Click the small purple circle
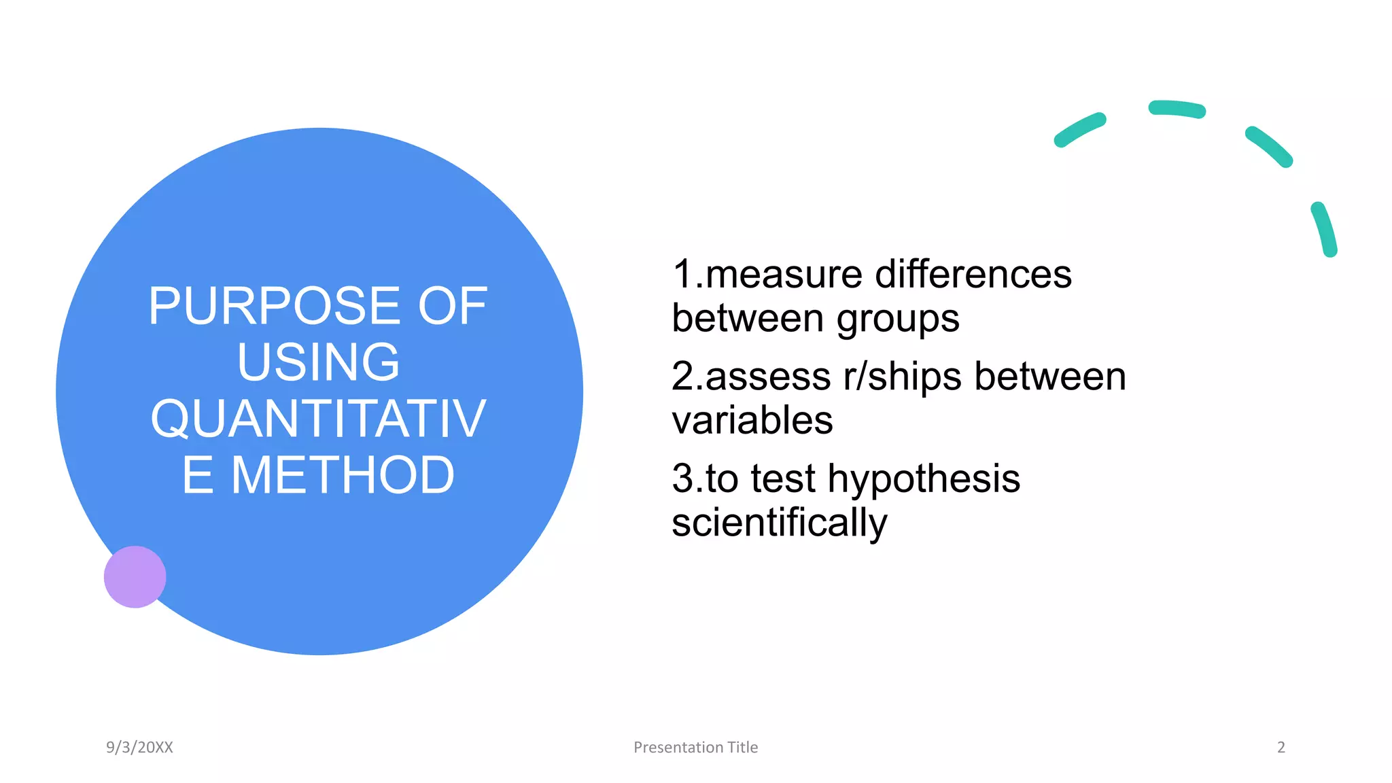pyautogui.click(x=135, y=576)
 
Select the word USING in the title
pyautogui.click(x=318, y=362)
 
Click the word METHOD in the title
pyautogui.click(x=343, y=475)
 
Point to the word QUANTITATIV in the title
pyautogui.click(x=318, y=419)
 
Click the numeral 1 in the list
pyautogui.click(x=682, y=275)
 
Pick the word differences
pyautogui.click(x=973, y=275)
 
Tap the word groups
pyautogui.click(x=898, y=319)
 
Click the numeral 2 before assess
pyautogui.click(x=682, y=377)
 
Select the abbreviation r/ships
pyautogui.click(x=903, y=377)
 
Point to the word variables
pyautogui.click(x=752, y=420)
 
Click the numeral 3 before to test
pyautogui.click(x=682, y=478)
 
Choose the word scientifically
pyautogui.click(x=780, y=523)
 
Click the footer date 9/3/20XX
pyautogui.click(x=139, y=747)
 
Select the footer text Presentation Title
pyautogui.click(x=695, y=747)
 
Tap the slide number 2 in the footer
pyautogui.click(x=1281, y=747)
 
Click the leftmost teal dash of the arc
pyautogui.click(x=1079, y=130)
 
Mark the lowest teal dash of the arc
pyautogui.click(x=1324, y=229)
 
